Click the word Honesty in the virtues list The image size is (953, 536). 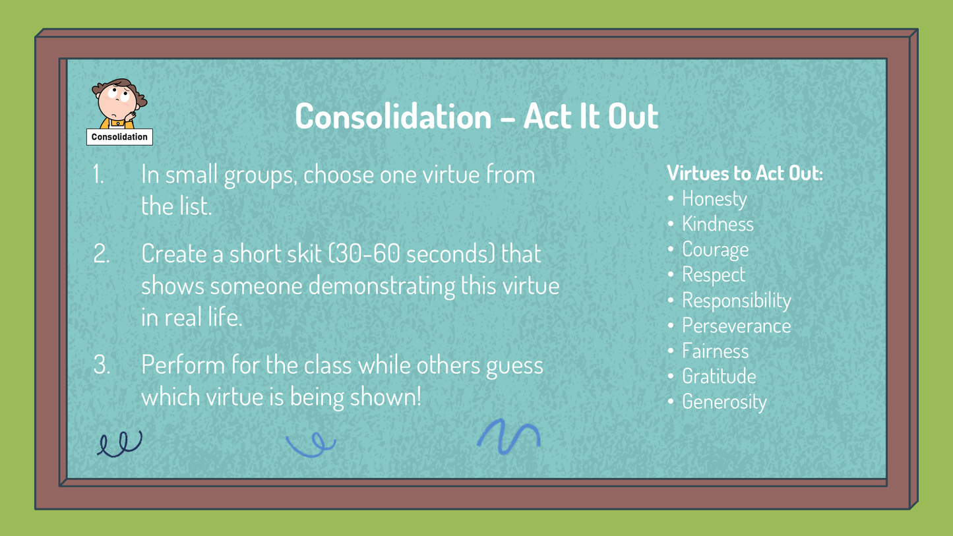714,199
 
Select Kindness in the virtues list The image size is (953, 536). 718,224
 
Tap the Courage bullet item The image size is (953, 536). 715,250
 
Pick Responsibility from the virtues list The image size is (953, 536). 737,301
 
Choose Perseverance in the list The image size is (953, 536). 737,326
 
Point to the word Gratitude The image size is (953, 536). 719,376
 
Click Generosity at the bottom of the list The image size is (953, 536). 724,402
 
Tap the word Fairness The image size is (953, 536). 715,351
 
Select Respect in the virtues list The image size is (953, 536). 714,275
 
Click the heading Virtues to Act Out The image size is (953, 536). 745,173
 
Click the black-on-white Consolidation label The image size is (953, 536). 119,137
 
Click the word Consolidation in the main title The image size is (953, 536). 394,116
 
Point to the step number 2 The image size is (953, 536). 102,254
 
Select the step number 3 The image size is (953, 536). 102,365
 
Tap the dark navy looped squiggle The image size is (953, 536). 121,444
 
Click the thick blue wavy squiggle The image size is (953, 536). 508,436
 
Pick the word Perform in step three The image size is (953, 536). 183,365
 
